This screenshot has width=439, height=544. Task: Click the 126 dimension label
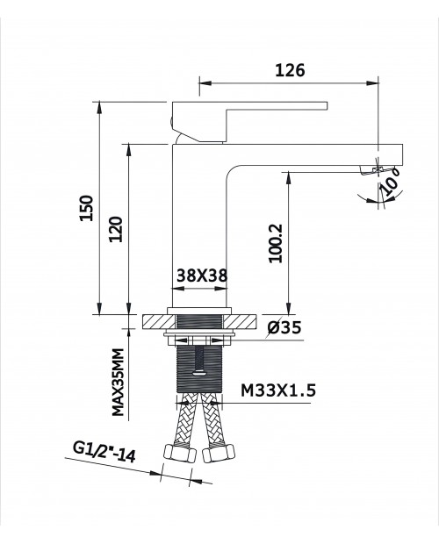pyautogui.click(x=290, y=70)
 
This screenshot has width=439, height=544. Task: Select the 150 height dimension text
pyautogui.click(x=87, y=208)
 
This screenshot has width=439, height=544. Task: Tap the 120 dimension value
pyautogui.click(x=116, y=229)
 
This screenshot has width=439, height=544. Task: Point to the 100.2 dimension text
pyautogui.click(x=277, y=243)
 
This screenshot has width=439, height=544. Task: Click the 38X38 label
pyautogui.click(x=202, y=276)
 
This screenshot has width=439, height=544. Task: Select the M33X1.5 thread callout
pyautogui.click(x=278, y=390)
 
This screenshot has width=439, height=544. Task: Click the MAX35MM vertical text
pyautogui.click(x=118, y=382)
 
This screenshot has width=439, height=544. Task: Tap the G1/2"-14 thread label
pyautogui.click(x=104, y=452)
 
